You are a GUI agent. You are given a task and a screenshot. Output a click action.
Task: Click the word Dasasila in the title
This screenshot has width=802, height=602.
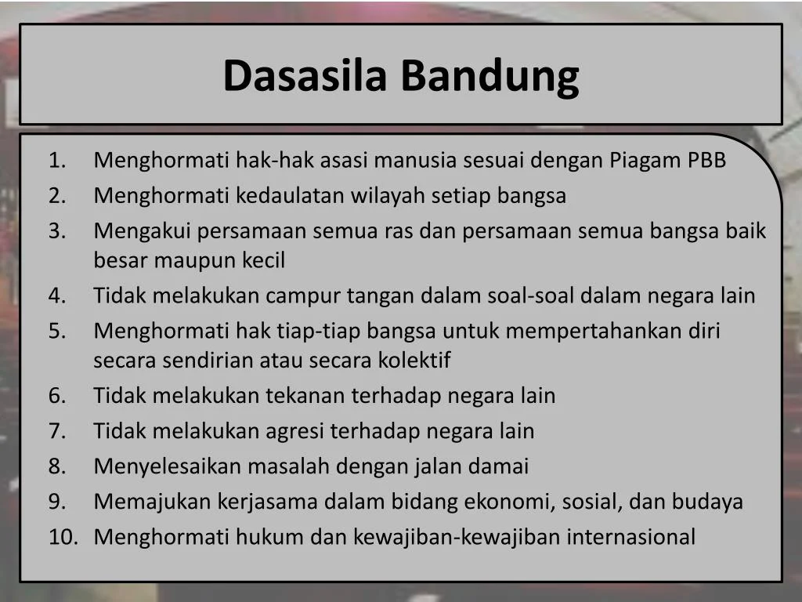(307, 76)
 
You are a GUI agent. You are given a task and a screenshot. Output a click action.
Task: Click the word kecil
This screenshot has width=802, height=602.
(262, 260)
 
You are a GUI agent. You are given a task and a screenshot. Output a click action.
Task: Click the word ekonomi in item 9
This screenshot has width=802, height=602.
(510, 502)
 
